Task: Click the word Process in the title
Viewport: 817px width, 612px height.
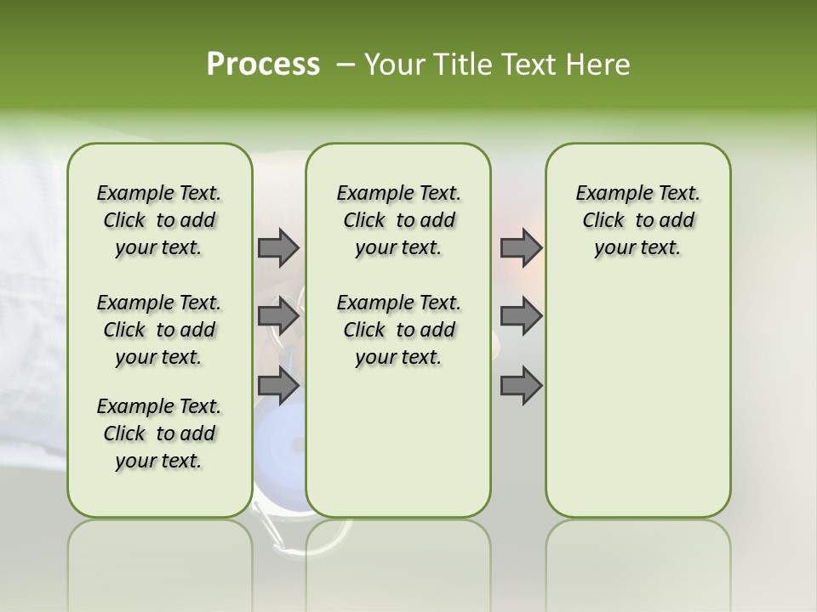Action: [x=263, y=65]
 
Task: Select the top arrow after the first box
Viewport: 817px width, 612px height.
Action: [x=277, y=248]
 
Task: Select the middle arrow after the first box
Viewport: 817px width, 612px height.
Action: [x=277, y=316]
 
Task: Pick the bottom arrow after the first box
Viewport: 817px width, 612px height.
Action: [x=277, y=385]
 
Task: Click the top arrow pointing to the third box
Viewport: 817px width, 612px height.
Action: [x=520, y=248]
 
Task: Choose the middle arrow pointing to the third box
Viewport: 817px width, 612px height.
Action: [x=520, y=316]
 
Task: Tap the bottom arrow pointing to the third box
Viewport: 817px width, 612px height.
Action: [x=520, y=385]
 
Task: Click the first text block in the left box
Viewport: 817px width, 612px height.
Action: [x=159, y=220]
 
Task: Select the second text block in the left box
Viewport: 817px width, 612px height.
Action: [x=159, y=330]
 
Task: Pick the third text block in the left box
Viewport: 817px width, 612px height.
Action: [x=159, y=433]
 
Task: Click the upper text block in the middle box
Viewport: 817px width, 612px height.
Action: [x=398, y=220]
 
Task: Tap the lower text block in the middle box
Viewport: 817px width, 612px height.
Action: [x=398, y=330]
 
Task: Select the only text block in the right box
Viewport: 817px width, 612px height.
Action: [x=637, y=220]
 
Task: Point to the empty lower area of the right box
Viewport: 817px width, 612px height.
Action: [x=637, y=399]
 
